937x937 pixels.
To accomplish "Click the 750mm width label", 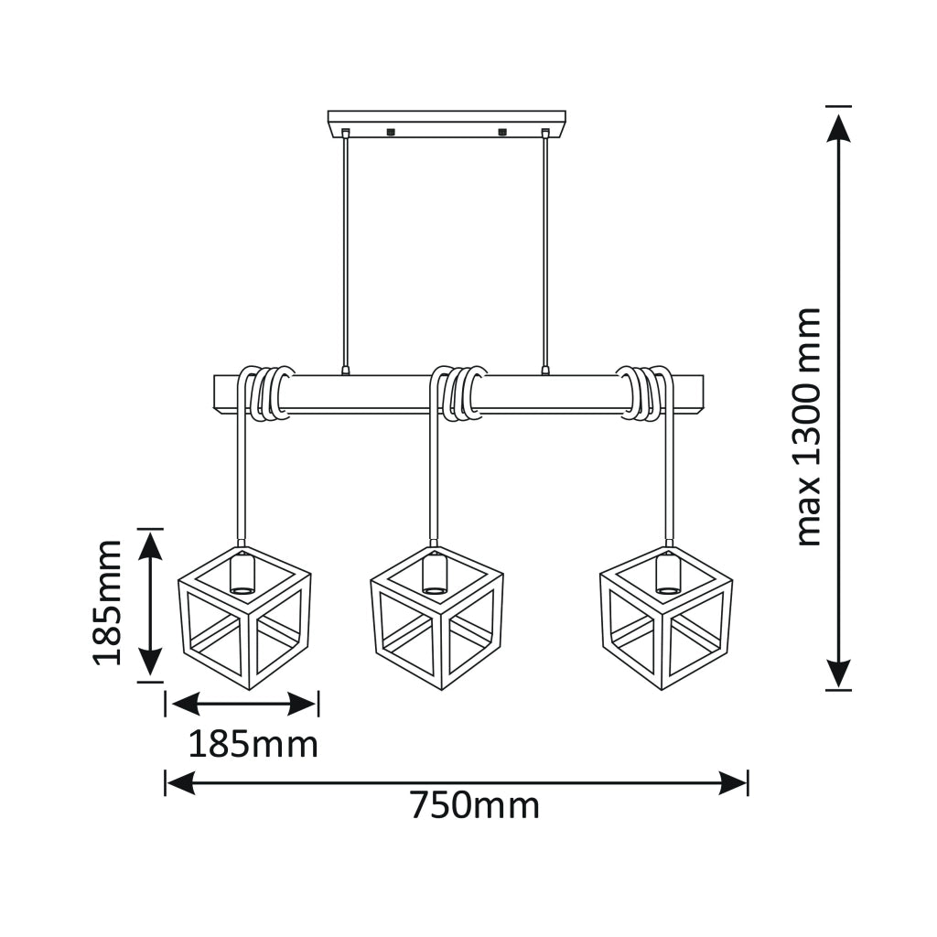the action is [x=475, y=806].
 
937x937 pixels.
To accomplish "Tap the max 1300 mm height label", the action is [x=809, y=426].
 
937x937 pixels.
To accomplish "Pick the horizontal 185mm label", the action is [x=253, y=745].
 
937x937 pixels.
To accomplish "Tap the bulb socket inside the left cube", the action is [x=242, y=573].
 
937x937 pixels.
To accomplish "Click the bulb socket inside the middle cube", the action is [x=435, y=573].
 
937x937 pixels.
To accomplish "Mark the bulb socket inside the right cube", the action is [x=668, y=573].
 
